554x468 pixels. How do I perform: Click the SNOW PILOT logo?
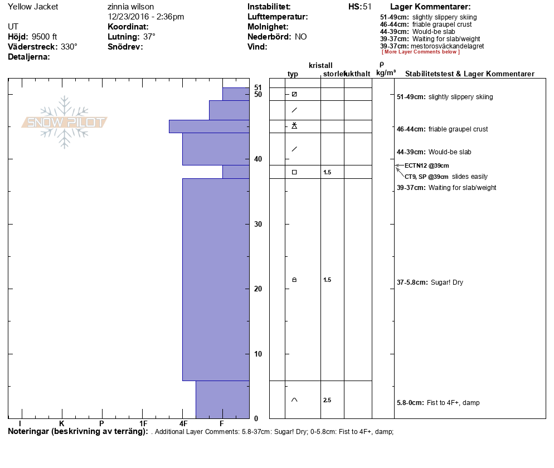[64, 123]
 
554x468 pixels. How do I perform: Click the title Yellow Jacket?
[33, 7]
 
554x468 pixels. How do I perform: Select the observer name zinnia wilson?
[130, 7]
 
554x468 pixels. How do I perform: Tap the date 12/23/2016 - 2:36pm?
[145, 17]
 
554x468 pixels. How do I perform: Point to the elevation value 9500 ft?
[45, 37]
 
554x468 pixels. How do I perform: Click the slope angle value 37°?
[149, 37]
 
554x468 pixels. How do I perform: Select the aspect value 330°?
[69, 47]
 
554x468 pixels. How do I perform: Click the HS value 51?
[367, 7]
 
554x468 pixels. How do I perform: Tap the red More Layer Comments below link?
[421, 52]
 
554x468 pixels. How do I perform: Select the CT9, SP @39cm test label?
[426, 177]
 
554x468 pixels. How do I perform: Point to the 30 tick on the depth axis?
[257, 224]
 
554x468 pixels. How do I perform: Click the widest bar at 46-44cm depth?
[209, 126]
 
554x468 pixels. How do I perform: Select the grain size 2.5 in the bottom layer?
[327, 400]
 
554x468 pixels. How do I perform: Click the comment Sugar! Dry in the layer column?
[445, 282]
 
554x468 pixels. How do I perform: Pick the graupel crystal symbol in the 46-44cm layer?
[294, 126]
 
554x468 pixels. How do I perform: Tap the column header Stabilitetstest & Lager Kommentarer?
[470, 74]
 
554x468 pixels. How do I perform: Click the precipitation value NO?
[301, 37]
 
